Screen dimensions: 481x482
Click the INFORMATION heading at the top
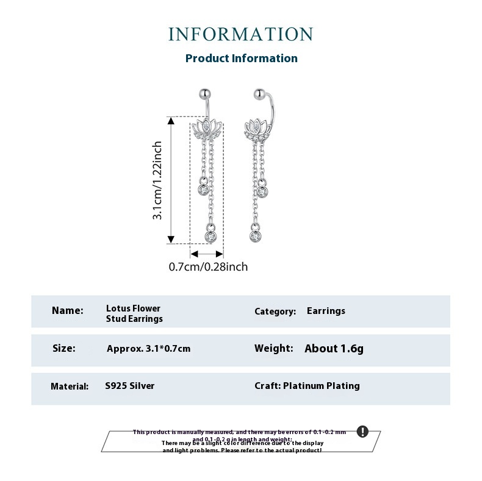coord(240,34)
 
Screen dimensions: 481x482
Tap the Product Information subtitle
coord(241,59)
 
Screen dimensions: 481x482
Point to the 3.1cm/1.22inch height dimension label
coord(157,180)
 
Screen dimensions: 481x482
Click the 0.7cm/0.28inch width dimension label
coord(208,266)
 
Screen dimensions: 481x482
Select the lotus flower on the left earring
coord(207,128)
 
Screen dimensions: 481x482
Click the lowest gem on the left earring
coord(210,235)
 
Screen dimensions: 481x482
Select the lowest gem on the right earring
coord(255,234)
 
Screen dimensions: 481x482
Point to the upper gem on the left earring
coord(203,188)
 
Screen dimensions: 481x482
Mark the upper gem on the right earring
coord(262,192)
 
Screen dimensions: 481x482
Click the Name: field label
coord(68,310)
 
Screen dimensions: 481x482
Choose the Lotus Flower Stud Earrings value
coord(134,313)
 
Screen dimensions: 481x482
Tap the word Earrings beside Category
coord(326,311)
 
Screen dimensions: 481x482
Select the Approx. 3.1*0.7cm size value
coord(148,349)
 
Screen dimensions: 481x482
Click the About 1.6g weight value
coord(334,349)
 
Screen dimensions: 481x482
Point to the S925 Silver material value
coord(129,386)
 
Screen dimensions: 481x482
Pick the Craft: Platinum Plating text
coord(307,386)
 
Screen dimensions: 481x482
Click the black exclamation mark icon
coord(362,432)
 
